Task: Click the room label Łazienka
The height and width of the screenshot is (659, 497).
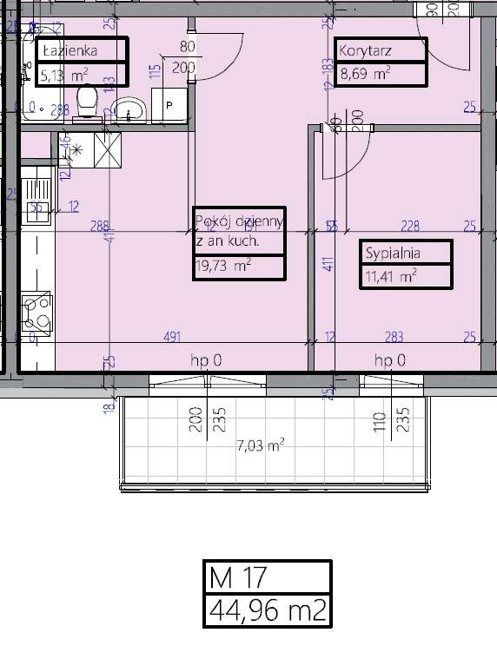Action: click(69, 50)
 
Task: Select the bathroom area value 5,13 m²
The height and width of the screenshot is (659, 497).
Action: click(64, 75)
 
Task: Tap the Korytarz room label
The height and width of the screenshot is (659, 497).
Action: click(366, 50)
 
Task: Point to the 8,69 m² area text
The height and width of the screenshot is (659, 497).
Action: click(365, 74)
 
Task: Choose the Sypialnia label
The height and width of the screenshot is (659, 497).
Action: click(393, 254)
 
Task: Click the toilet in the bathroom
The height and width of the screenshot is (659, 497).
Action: click(86, 102)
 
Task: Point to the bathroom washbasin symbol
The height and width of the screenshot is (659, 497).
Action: click(131, 109)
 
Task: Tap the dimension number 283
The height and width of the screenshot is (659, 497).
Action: click(394, 336)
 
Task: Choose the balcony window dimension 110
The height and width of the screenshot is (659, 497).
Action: click(379, 422)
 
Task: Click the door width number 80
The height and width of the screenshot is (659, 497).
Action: click(187, 48)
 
